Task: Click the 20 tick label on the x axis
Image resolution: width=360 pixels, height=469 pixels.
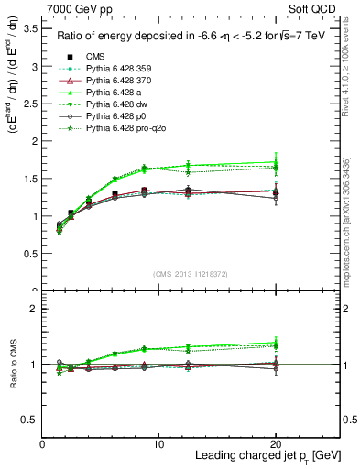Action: pos(275,444)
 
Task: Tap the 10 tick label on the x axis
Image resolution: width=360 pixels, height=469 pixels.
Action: pos(158,444)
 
